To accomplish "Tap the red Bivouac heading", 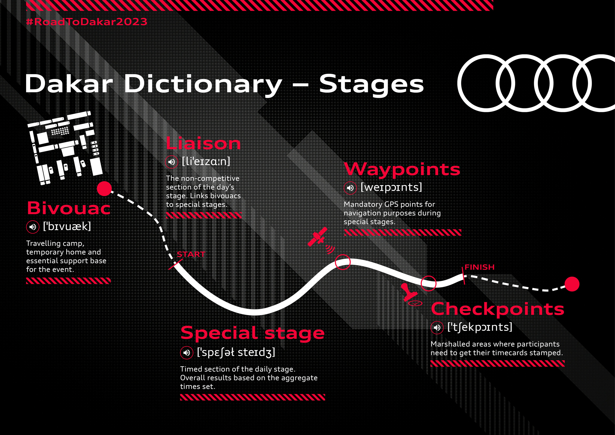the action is (69, 208).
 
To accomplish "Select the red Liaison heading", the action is (203, 143).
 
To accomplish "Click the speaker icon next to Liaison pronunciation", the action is (172, 162).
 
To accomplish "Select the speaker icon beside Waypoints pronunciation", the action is (350, 188).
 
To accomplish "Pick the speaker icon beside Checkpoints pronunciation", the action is (437, 328).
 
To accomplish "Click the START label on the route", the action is (191, 254).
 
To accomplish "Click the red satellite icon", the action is (318, 237).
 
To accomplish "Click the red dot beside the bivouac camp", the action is (104, 189).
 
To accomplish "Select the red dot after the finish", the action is (572, 284).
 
